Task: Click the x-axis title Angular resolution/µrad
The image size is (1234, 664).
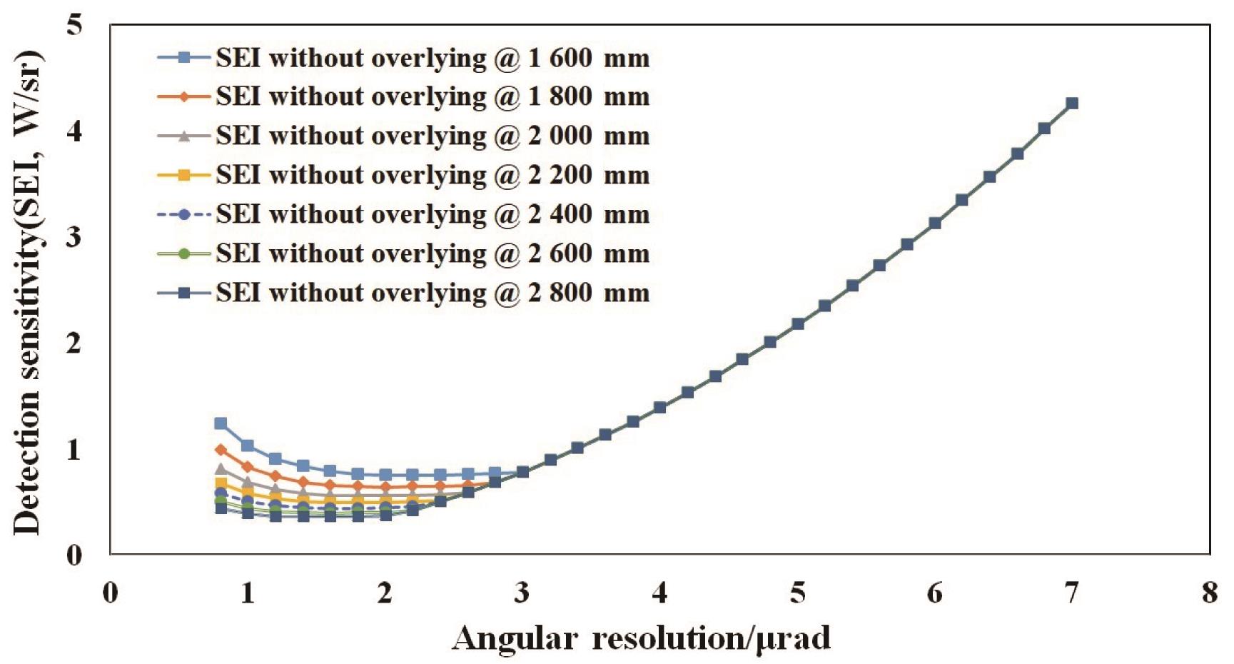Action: click(641, 638)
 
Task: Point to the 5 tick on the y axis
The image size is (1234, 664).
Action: click(74, 26)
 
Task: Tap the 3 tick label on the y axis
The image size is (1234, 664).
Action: click(74, 237)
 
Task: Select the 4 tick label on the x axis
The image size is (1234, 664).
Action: click(660, 593)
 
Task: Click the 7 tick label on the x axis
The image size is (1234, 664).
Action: click(1072, 593)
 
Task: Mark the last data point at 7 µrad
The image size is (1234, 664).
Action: click(1072, 104)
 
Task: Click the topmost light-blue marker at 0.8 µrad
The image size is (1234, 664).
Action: click(221, 423)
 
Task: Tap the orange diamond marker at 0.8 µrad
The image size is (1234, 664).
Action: click(221, 450)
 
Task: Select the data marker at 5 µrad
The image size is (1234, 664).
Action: click(798, 323)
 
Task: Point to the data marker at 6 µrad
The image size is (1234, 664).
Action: click(935, 223)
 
